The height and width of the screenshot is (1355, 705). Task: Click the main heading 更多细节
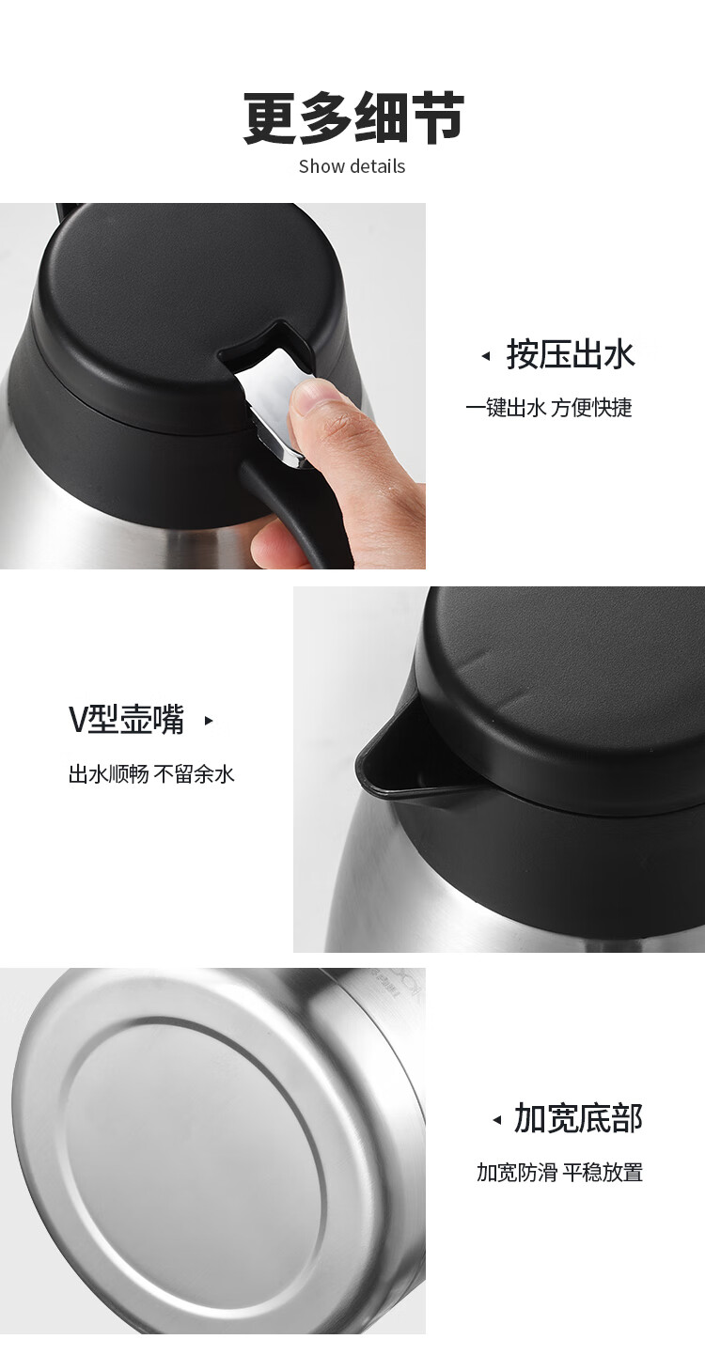click(x=353, y=117)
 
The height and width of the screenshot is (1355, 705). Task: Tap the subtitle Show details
click(x=352, y=166)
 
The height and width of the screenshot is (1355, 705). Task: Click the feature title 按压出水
click(x=571, y=354)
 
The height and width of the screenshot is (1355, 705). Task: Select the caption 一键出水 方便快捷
click(x=549, y=408)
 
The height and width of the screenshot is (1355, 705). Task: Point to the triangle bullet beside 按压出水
click(x=485, y=356)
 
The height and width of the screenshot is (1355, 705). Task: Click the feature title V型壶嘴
click(x=127, y=720)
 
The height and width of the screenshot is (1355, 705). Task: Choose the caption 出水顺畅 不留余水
click(x=151, y=774)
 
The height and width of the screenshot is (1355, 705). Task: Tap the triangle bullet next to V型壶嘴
click(x=210, y=721)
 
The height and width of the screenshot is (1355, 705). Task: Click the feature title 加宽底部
click(x=578, y=1118)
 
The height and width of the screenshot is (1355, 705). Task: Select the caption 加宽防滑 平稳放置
click(x=559, y=1173)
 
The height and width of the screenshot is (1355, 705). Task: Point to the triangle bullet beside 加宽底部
click(x=497, y=1121)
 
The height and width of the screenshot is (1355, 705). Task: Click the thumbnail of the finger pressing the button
click(x=212, y=386)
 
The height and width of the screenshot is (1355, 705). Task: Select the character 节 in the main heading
click(x=437, y=118)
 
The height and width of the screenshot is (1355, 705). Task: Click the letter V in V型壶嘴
click(x=78, y=721)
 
